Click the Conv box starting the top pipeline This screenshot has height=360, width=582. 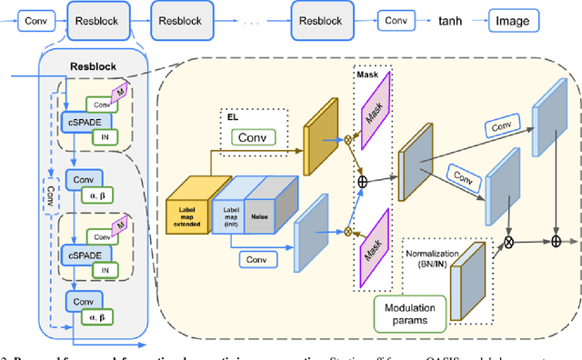(35, 18)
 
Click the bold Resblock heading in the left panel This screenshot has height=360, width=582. (94, 66)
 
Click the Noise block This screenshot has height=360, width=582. (273, 205)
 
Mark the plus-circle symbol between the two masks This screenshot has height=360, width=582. (364, 182)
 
